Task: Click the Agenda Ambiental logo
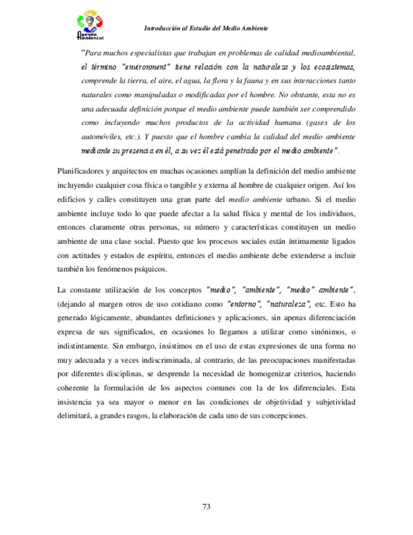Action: point(89,25)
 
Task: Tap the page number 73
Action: point(206,507)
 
